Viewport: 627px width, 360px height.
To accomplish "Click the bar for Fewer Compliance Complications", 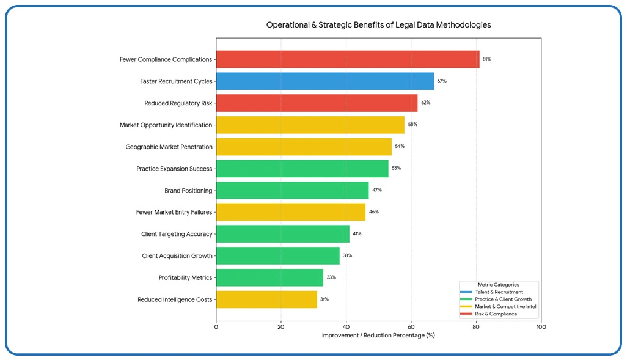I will coord(347,59).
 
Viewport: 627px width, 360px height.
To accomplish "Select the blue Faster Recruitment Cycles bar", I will coord(324,81).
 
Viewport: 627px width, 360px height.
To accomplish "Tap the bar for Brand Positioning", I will coord(292,190).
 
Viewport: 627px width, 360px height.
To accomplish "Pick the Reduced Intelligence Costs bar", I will coord(266,299).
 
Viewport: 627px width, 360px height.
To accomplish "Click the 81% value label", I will coord(486,59).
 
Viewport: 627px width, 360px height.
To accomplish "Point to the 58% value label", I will coord(413,125).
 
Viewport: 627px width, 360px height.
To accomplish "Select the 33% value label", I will coord(331,277).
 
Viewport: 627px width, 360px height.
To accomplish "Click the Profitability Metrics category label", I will coord(185,278).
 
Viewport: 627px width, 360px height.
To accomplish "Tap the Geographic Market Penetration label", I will coord(169,147).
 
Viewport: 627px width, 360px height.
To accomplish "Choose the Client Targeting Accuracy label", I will coord(177,234).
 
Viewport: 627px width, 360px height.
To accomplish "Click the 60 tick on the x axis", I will coord(411,327).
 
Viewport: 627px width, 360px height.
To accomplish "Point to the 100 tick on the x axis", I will coord(541,327).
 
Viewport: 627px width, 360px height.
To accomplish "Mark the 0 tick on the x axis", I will coord(216,327).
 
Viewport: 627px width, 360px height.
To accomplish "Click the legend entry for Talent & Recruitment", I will coord(499,292).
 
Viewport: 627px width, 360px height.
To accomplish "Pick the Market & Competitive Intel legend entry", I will coord(505,307).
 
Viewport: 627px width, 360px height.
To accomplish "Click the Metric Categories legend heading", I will coord(498,285).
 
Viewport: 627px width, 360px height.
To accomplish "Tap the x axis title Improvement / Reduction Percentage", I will coord(378,336).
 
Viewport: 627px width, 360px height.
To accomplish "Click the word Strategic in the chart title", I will coord(336,25).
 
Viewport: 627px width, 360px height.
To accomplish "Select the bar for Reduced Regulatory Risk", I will coord(317,103).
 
